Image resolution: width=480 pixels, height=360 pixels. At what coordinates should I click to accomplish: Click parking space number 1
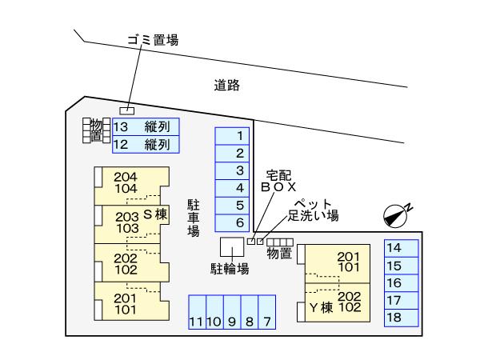232,136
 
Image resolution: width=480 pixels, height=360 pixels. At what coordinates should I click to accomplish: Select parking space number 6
232,223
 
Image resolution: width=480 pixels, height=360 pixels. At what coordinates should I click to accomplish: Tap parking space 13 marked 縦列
146,126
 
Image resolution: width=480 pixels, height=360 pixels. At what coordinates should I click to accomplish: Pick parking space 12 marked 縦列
146,144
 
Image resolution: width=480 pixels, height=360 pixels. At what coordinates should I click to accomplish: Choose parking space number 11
197,312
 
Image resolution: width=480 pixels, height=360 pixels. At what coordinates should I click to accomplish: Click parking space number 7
267,312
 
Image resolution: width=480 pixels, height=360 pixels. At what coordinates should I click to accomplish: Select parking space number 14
402,248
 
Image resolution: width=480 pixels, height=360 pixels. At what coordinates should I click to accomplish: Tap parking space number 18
402,318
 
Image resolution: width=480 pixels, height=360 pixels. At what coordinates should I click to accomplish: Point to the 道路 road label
227,86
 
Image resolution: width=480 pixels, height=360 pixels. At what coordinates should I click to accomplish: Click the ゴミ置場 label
153,40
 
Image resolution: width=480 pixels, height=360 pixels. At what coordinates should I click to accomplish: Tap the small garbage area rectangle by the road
126,111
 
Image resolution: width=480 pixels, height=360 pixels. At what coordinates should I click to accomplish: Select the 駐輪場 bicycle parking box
232,246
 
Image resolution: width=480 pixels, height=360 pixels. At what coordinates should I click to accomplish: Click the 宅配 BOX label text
278,181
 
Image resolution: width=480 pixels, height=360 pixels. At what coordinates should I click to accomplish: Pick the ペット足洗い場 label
313,210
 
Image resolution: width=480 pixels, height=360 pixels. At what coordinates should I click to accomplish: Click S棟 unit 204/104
132,186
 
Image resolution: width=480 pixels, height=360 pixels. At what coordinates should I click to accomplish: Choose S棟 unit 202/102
132,262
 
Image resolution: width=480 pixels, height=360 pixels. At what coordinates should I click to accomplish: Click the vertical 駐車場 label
194,218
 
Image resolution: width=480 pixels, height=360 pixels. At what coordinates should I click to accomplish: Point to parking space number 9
232,312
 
